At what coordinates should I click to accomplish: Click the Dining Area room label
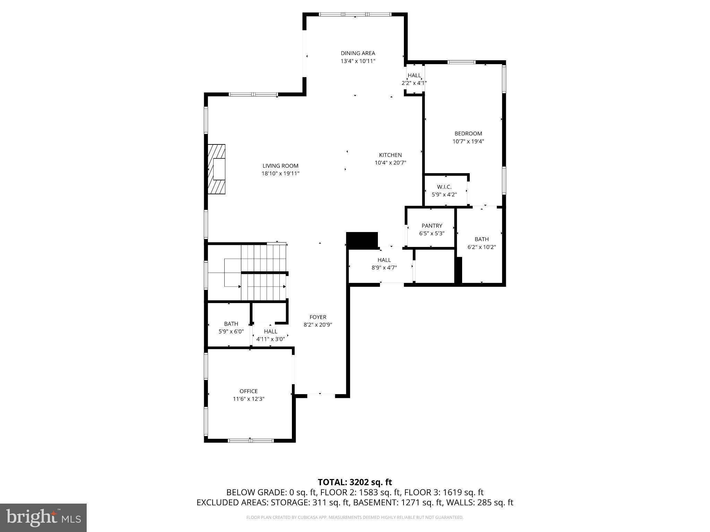click(358, 53)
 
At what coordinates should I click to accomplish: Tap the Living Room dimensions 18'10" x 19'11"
click(280, 174)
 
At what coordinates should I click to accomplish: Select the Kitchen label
click(390, 155)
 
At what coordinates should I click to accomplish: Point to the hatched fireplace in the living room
click(216, 169)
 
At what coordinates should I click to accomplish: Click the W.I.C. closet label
click(444, 187)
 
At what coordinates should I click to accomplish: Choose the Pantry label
click(432, 226)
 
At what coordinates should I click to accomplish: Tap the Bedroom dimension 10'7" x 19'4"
click(468, 141)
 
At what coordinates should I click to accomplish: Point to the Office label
click(249, 391)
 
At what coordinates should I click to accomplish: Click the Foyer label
click(318, 317)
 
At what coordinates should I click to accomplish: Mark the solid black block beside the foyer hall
click(362, 240)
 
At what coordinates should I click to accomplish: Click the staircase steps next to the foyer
click(263, 272)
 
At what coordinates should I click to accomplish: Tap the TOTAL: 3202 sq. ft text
click(355, 482)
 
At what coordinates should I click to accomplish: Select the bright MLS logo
click(43, 517)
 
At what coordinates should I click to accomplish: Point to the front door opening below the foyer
click(321, 394)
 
